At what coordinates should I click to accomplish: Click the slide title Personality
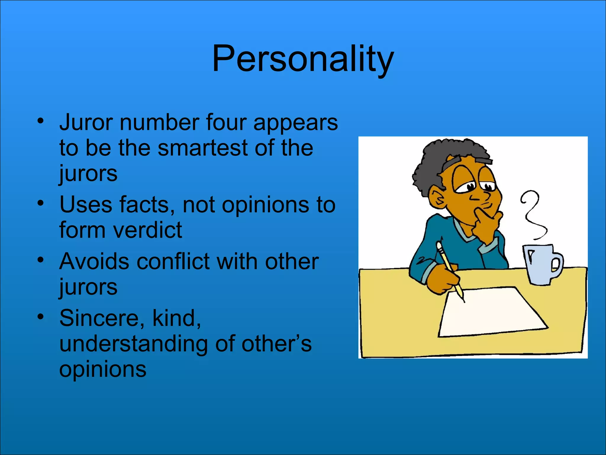pos(303,58)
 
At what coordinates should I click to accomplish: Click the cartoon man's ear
pos(438,198)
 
